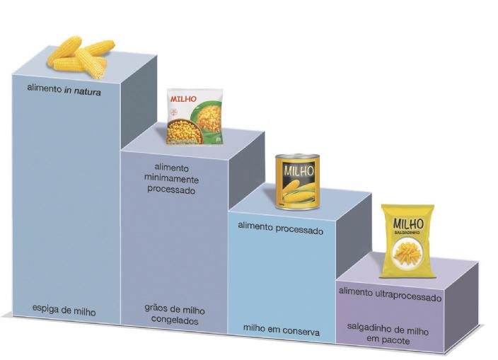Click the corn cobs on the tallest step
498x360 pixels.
tap(81, 55)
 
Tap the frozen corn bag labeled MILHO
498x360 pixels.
tap(194, 117)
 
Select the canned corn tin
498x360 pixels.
tap(297, 182)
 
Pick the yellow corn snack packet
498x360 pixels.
tap(407, 240)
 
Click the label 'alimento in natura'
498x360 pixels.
tap(64, 90)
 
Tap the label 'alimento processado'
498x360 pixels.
tap(280, 231)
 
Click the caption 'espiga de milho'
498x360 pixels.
tap(64, 310)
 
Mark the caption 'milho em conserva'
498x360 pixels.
tap(282, 330)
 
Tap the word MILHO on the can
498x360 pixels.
tap(297, 170)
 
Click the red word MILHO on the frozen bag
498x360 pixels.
tap(183, 99)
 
